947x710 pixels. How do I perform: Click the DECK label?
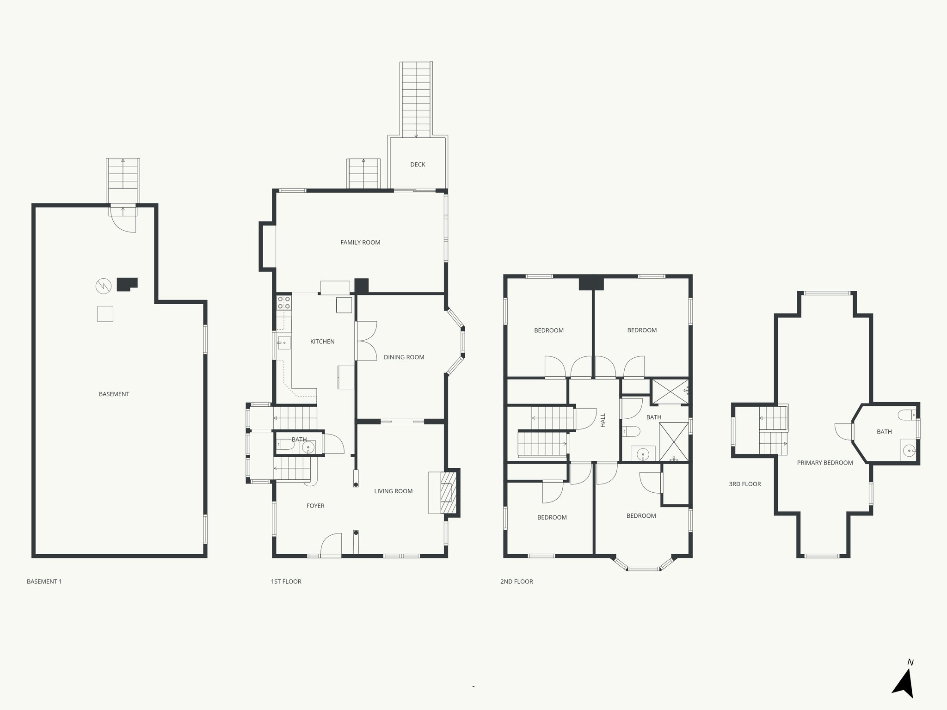coord(418,165)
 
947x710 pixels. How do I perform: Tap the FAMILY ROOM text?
coord(360,242)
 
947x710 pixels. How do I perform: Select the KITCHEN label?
coord(322,342)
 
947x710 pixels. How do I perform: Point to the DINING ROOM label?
coord(404,357)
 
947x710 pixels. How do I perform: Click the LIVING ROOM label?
coord(393,491)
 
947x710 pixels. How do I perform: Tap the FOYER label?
coord(315,506)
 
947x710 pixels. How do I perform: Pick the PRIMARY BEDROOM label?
coord(825,463)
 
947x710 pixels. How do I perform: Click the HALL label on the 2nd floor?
coord(603,420)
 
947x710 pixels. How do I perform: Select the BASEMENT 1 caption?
coord(44,581)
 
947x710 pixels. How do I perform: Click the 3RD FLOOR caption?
coord(745,484)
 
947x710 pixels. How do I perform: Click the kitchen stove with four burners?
coord(283,303)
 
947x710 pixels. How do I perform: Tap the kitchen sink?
coord(283,343)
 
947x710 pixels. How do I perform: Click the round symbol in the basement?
coord(104,287)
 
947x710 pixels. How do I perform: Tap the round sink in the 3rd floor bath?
coord(909,449)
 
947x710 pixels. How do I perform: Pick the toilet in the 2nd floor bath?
coord(631,432)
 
